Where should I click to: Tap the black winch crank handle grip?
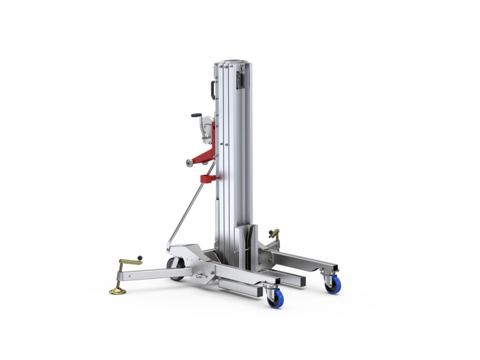pos(196,116)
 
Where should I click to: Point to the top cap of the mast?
pos(231,60)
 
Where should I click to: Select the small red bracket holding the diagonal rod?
pos(204,179)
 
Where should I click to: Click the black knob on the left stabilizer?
pos(140,257)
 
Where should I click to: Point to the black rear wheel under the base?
pos(176,269)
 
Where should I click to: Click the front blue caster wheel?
pos(276,297)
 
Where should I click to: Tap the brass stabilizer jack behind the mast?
pos(274,235)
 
